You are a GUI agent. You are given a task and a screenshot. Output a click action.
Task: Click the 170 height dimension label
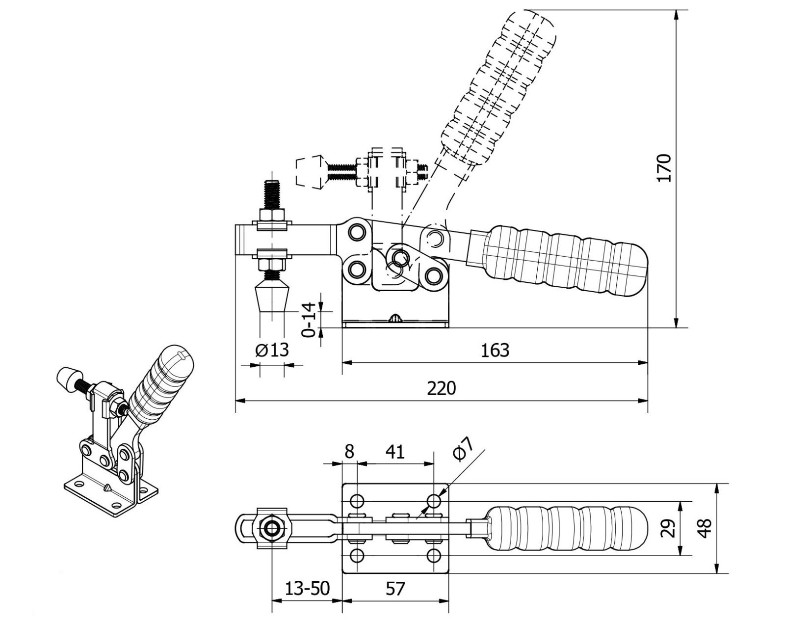tap(663, 168)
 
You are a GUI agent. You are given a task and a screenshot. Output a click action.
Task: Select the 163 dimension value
tap(495, 351)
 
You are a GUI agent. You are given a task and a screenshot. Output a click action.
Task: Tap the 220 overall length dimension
tap(442, 388)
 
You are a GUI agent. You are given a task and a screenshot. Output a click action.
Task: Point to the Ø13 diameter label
tap(272, 350)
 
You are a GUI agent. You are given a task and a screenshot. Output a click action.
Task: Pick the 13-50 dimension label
tap(307, 588)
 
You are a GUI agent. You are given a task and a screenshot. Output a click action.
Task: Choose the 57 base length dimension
tap(395, 589)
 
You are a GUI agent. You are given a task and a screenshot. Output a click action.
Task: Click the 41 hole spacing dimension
tap(395, 452)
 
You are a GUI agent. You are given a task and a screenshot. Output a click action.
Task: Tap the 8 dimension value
tap(349, 452)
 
